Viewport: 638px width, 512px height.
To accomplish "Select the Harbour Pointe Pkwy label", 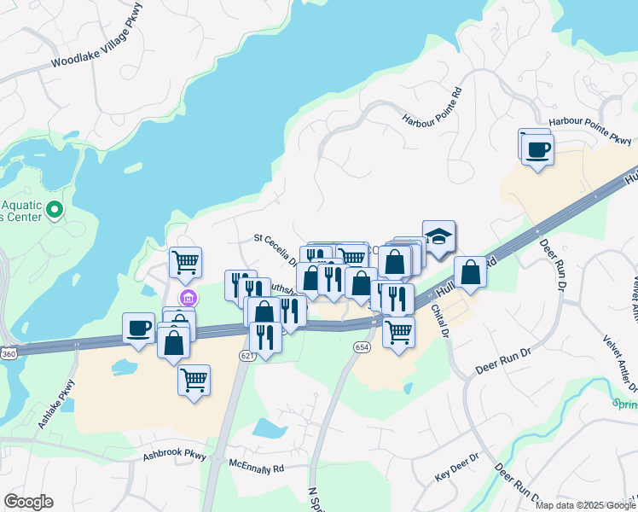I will tap(590, 131).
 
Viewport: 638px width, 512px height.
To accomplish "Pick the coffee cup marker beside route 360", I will tap(139, 328).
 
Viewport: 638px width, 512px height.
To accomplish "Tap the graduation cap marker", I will tap(438, 237).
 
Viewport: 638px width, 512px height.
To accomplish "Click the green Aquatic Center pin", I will tap(55, 209).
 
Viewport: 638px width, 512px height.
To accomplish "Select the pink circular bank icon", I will tap(188, 299).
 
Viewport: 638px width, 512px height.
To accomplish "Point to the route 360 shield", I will tap(8, 352).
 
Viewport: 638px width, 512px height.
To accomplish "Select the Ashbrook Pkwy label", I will tap(176, 455).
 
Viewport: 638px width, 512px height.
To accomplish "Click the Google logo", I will tap(28, 502).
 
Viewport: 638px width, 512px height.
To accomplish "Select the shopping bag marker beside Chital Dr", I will tap(470, 272).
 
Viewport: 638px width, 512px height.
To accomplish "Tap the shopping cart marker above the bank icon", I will tap(185, 262).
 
